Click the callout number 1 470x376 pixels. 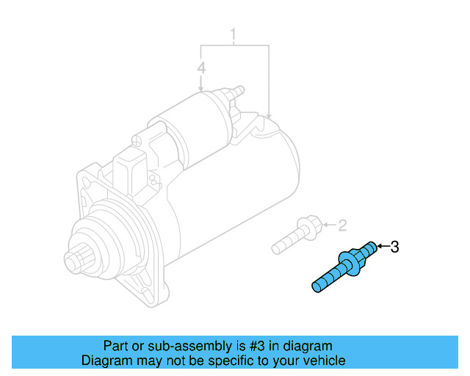pyautogui.click(x=234, y=35)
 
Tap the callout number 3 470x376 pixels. pyautogui.click(x=394, y=247)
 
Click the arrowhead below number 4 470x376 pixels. pyautogui.click(x=201, y=88)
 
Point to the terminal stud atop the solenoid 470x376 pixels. pyautogui.click(x=237, y=90)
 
